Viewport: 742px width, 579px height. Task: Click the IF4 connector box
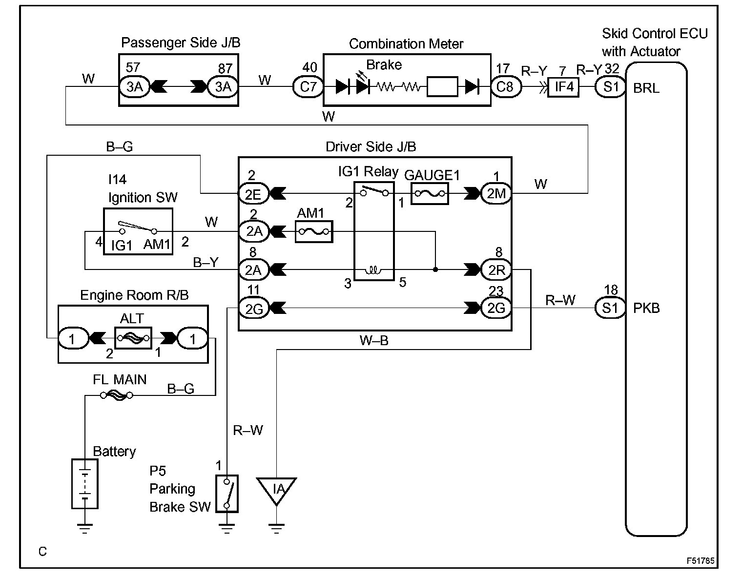tap(563, 87)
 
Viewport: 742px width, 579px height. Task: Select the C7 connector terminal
tap(308, 87)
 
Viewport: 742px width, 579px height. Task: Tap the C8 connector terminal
tap(506, 87)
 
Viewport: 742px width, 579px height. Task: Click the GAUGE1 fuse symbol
tap(430, 193)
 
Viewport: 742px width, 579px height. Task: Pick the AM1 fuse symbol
tap(314, 232)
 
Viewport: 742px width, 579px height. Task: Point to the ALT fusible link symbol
tap(133, 338)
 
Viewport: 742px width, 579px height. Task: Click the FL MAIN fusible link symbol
tap(117, 395)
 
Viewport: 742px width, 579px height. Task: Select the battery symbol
tap(84, 484)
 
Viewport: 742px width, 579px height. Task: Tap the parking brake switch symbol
tap(227, 494)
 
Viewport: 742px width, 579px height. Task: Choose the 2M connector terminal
tap(496, 193)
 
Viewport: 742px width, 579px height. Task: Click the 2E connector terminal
tap(253, 193)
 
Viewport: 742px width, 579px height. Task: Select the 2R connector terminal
tap(496, 269)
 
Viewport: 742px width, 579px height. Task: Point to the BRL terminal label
tap(646, 88)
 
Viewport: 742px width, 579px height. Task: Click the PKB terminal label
tap(646, 308)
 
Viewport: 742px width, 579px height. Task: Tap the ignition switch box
tap(138, 231)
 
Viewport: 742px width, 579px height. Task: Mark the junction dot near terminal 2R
tap(435, 269)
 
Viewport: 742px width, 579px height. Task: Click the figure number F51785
tap(701, 560)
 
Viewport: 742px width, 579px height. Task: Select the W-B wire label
tap(374, 340)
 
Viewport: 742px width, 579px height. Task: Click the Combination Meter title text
tap(406, 44)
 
